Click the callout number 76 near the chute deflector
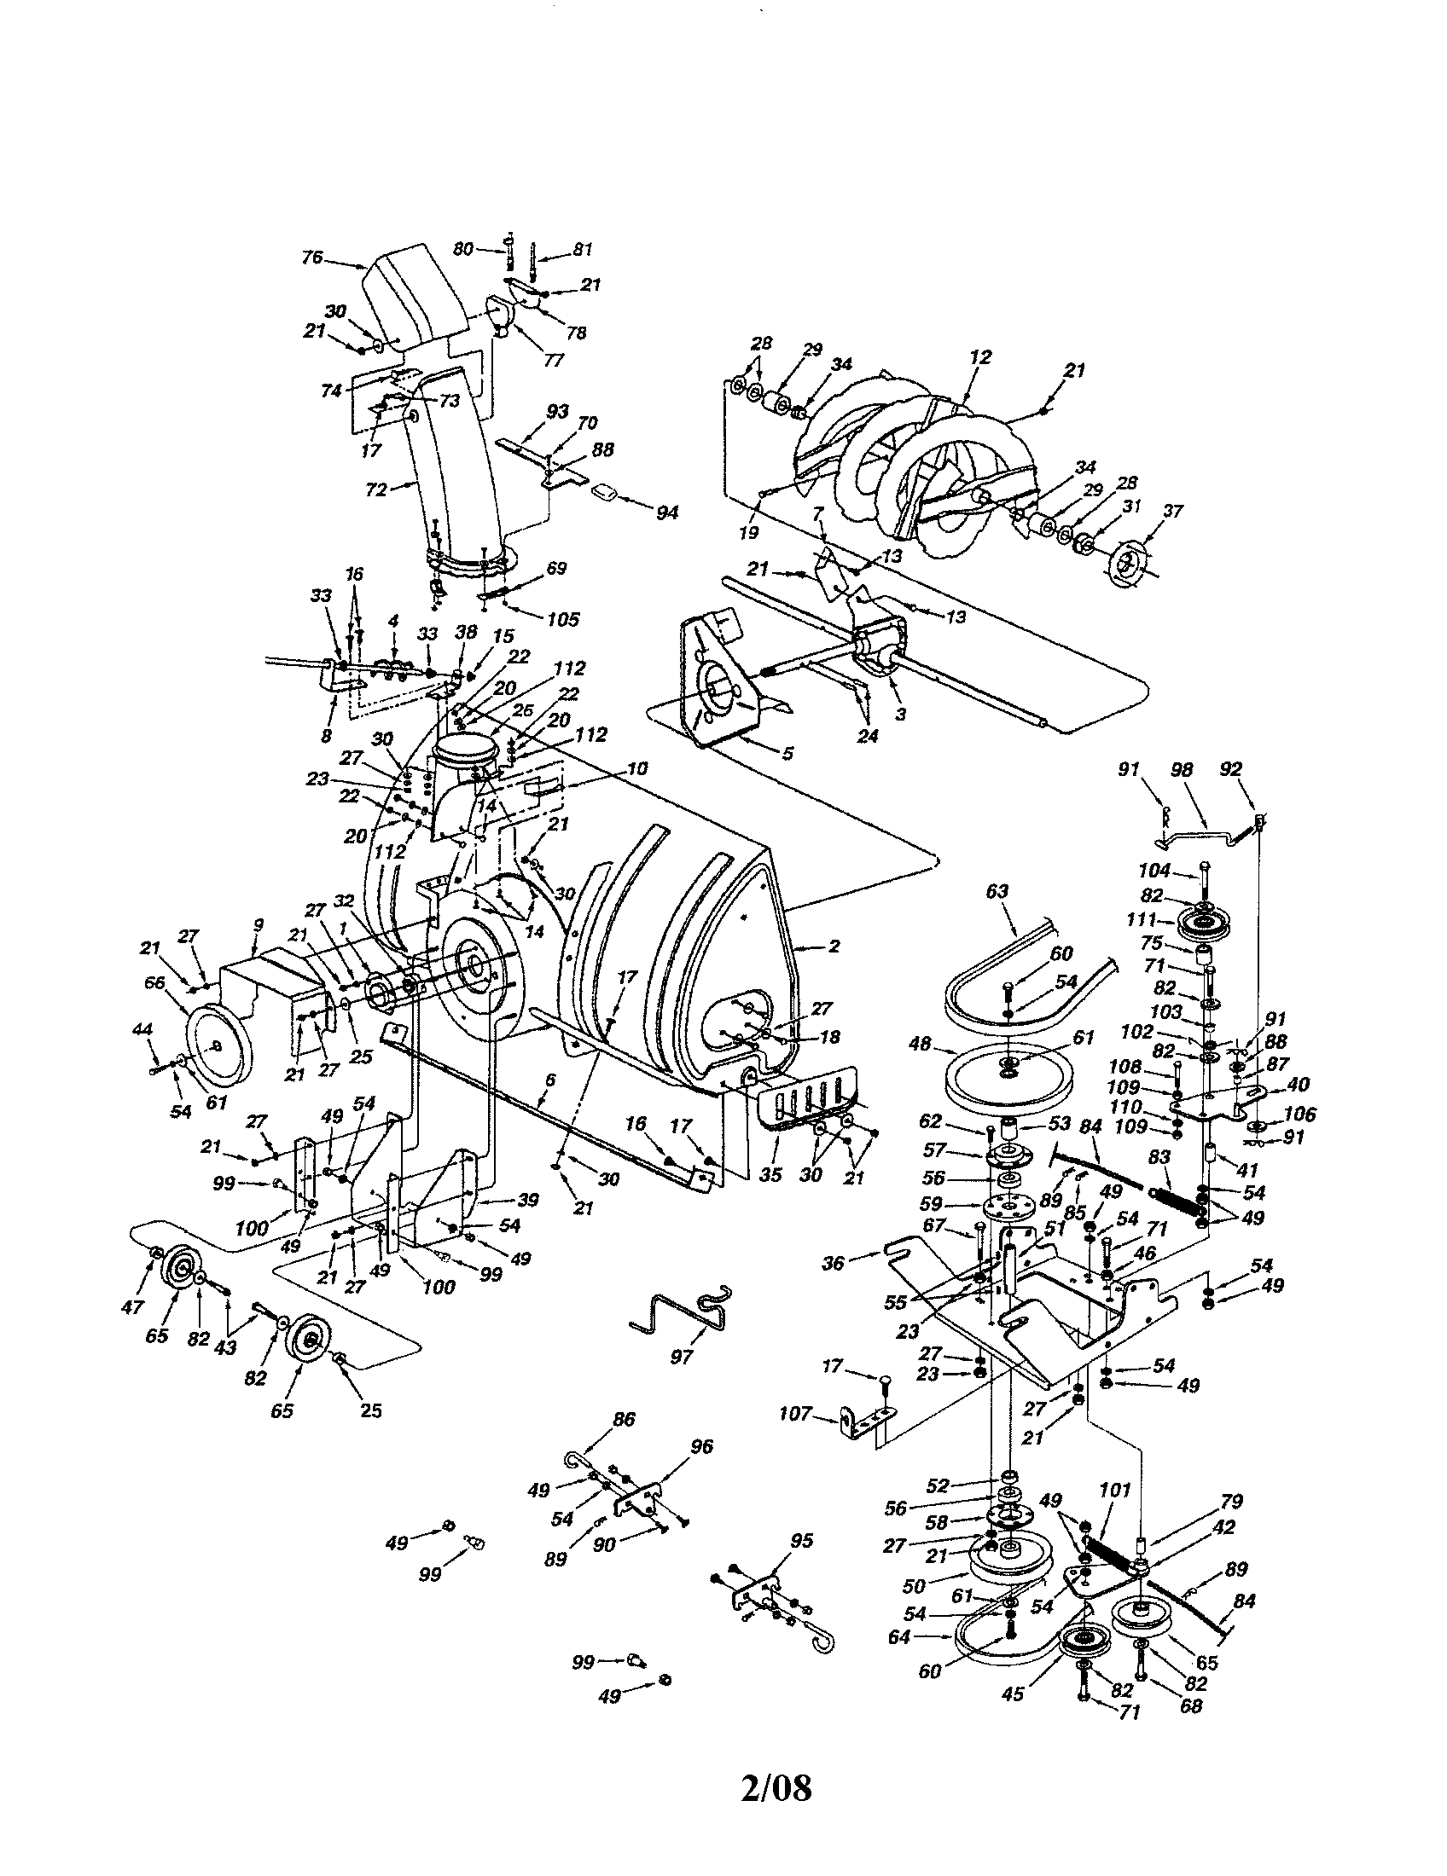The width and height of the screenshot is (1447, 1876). pos(311,258)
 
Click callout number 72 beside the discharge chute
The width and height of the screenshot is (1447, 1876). pos(376,490)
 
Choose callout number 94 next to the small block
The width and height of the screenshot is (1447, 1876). pos(667,512)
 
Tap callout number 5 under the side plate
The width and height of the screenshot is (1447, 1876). pos(787,754)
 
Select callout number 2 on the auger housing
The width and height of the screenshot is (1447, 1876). pos(833,946)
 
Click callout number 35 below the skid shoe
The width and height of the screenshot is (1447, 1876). pos(770,1174)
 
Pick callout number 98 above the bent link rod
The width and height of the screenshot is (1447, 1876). pos(1183,770)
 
